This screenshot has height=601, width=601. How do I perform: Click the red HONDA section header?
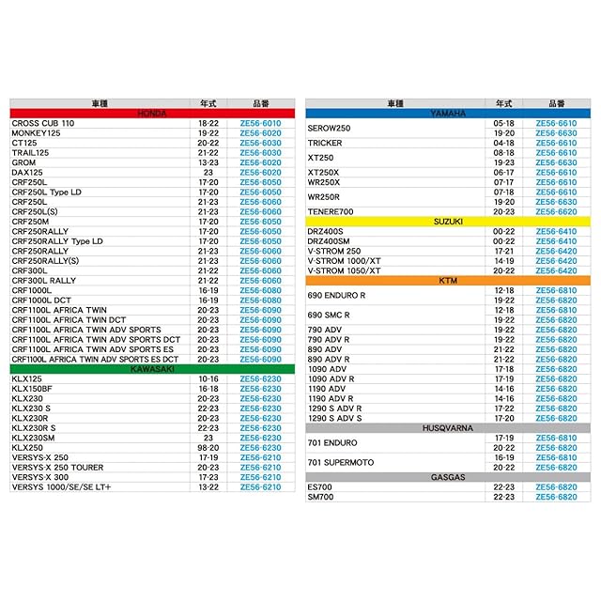(x=152, y=114)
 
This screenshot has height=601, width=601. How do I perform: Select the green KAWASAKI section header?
(x=152, y=369)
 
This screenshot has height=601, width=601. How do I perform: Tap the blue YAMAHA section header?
(x=448, y=114)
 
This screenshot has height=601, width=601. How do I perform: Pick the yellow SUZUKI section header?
(x=448, y=222)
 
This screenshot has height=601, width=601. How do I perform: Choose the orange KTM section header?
(x=448, y=281)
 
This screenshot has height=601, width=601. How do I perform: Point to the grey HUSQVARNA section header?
(x=448, y=428)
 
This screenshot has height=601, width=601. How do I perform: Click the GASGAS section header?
(x=448, y=477)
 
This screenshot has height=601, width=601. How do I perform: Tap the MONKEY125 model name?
(x=37, y=133)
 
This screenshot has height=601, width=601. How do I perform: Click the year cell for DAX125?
(x=208, y=173)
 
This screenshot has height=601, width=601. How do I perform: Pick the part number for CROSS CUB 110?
(x=260, y=124)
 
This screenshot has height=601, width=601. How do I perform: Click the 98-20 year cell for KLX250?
(x=208, y=448)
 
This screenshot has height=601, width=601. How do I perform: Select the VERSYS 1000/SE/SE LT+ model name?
(x=61, y=487)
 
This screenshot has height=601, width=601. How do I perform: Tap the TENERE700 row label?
(x=331, y=212)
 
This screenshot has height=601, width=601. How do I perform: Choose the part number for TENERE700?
(x=556, y=212)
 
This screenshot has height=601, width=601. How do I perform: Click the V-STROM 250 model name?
(x=333, y=252)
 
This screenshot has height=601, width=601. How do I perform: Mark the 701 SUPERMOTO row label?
(x=341, y=463)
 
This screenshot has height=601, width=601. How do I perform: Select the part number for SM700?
(x=556, y=497)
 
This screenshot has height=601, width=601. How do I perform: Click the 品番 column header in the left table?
(x=260, y=102)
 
